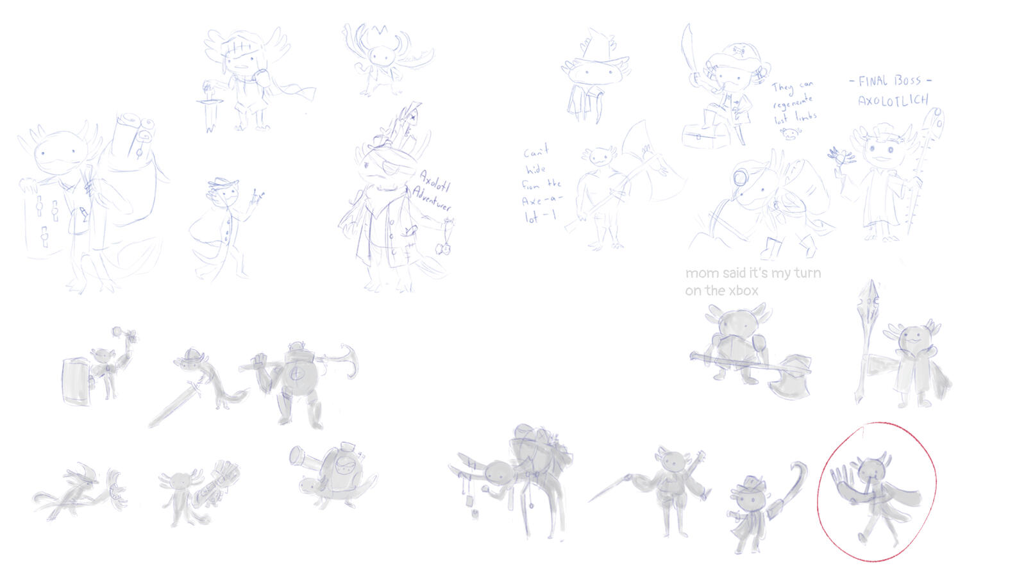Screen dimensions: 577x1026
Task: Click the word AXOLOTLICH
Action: point(893,101)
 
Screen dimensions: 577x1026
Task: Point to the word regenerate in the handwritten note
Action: point(793,101)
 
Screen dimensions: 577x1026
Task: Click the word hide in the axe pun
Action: point(535,169)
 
